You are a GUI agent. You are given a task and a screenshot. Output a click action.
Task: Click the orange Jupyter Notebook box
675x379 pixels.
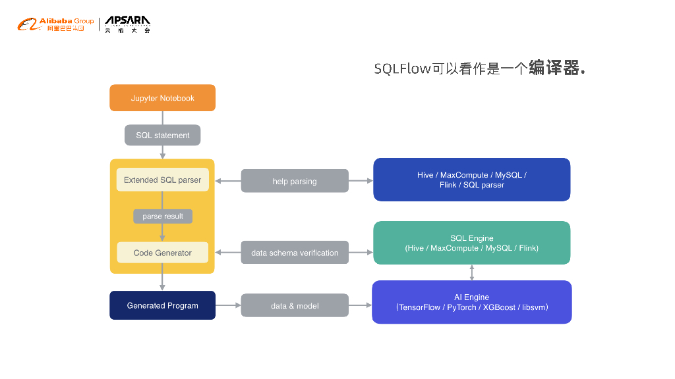162,98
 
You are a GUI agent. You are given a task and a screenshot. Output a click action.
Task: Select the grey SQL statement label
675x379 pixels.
162,136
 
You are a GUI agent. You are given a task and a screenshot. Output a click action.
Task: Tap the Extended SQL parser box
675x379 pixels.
162,180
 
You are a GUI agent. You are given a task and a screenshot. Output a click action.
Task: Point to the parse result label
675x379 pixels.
162,216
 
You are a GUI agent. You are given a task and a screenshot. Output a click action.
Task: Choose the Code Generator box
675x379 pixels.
162,253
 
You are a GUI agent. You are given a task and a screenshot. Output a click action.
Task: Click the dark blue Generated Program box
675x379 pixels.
162,305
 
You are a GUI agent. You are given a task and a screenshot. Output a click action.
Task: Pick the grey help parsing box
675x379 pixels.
295,181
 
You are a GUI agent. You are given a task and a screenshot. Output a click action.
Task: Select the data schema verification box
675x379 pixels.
295,253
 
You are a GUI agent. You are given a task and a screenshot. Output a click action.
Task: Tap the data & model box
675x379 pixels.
295,305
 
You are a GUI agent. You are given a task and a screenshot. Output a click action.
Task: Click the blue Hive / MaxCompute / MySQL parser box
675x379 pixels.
471,180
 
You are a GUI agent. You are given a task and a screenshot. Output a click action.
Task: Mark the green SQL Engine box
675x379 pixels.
471,243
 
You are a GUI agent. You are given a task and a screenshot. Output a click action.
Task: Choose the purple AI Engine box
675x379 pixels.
471,302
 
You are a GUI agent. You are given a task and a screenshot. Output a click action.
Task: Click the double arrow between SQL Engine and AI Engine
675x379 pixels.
471,272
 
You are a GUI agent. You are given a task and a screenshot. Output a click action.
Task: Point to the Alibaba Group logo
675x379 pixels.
56,25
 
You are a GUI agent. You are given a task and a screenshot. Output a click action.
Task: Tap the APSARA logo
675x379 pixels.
128,24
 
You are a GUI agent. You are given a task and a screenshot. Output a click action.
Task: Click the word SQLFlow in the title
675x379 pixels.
402,68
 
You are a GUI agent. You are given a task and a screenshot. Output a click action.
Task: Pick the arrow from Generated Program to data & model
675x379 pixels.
228,305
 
